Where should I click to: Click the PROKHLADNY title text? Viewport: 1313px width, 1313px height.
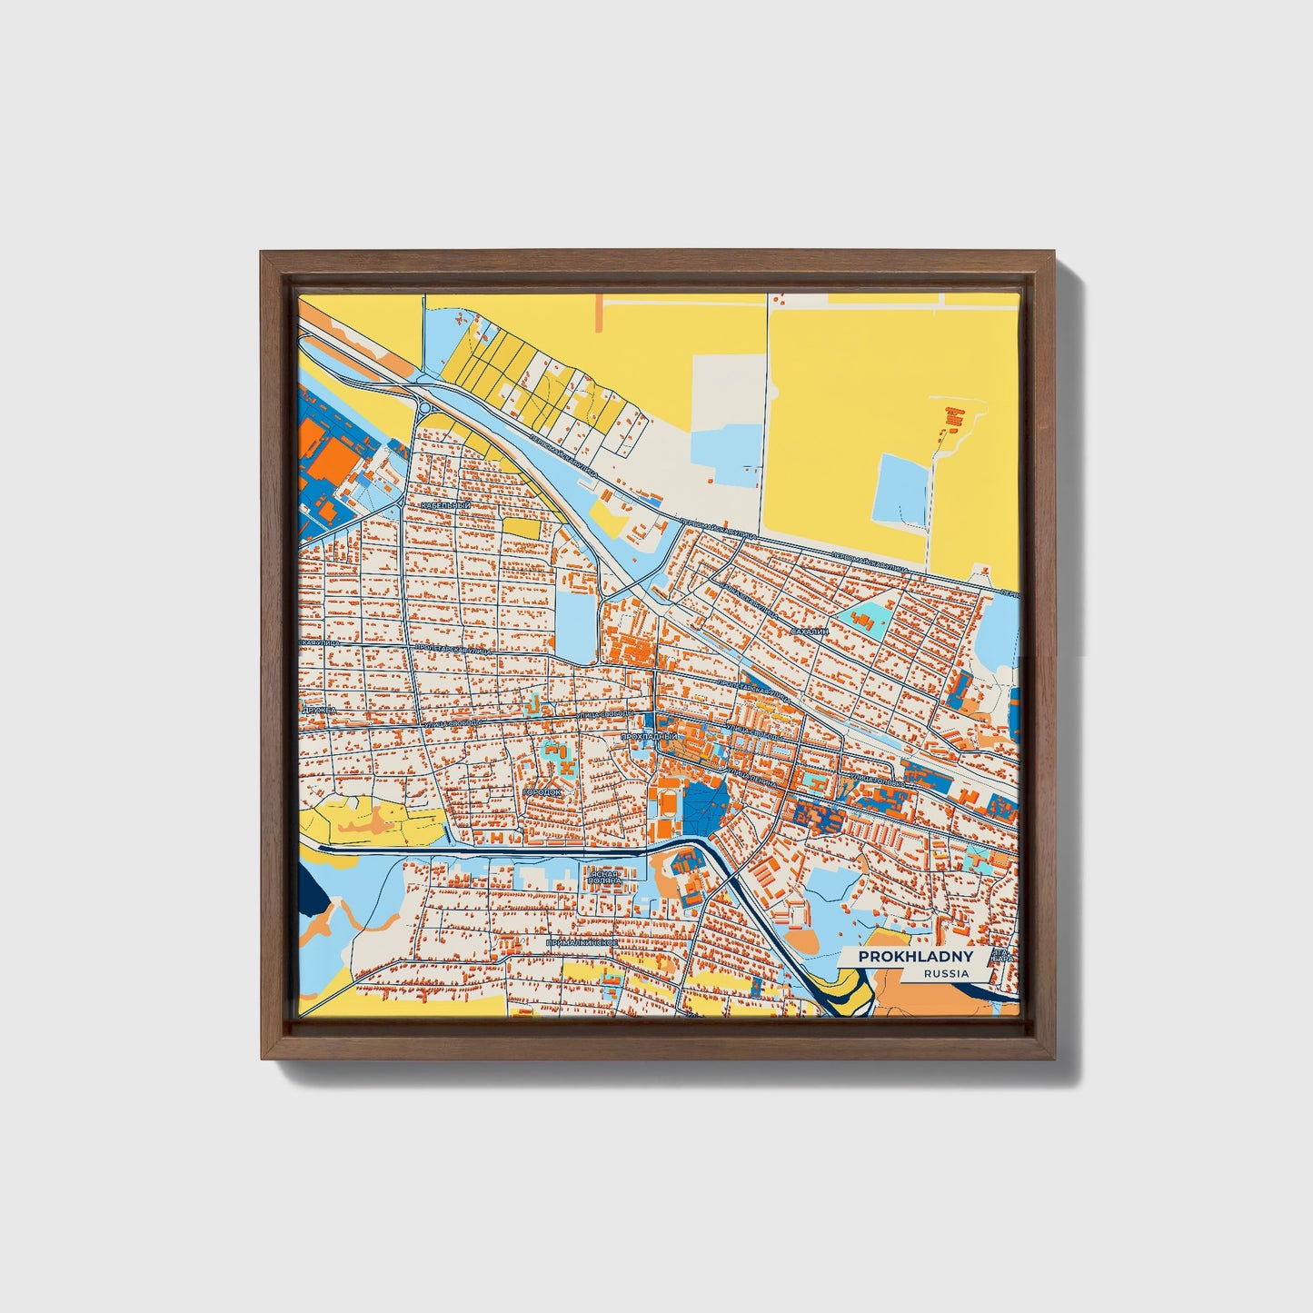pos(916,957)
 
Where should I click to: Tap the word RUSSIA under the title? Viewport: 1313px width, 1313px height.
pos(945,973)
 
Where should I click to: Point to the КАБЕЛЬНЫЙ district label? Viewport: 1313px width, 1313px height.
pos(445,505)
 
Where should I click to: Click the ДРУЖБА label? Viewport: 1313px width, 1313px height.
pos(319,709)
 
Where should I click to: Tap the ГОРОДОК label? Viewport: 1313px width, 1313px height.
pos(542,792)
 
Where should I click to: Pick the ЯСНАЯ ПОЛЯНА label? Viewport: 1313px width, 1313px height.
pos(603,877)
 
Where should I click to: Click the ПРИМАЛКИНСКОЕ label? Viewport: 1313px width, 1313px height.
pos(582,943)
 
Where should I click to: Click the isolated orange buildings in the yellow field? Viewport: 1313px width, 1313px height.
pos(953,417)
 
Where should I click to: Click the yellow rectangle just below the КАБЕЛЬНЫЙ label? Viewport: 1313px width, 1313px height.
pos(521,527)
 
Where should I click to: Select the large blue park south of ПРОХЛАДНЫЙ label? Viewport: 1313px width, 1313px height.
pos(705,801)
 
